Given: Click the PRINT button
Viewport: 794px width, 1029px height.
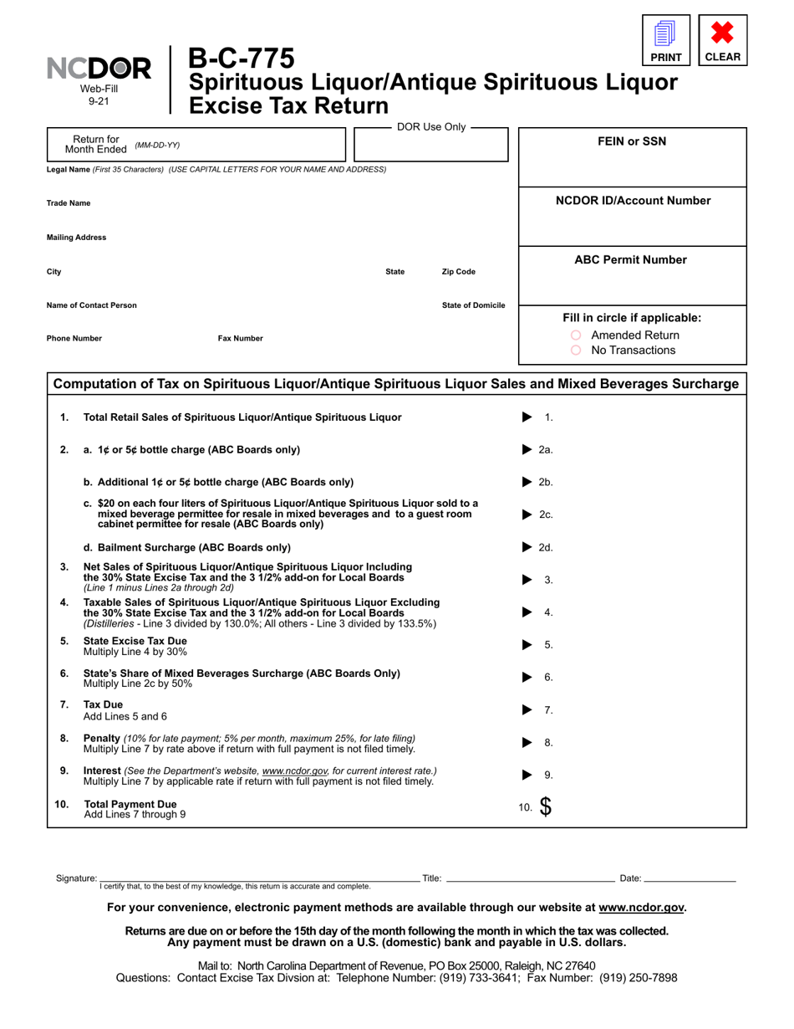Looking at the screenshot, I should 666,40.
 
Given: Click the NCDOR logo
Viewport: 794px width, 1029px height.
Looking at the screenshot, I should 99,69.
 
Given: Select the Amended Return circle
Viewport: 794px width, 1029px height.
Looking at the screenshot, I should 576,335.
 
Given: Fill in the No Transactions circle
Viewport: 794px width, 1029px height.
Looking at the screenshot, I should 576,351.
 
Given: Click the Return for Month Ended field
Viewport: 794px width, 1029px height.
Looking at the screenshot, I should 251,145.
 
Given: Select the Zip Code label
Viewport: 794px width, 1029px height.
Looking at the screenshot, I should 458,272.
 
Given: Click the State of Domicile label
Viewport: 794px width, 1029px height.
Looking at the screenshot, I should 473,305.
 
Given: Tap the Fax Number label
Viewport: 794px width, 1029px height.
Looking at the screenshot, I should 240,339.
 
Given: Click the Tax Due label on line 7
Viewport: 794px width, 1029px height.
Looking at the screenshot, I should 103,704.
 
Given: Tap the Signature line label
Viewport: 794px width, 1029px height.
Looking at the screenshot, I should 76,878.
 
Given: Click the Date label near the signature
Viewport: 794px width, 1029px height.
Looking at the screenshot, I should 630,878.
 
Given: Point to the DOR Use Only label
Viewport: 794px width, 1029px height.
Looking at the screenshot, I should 430,127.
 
